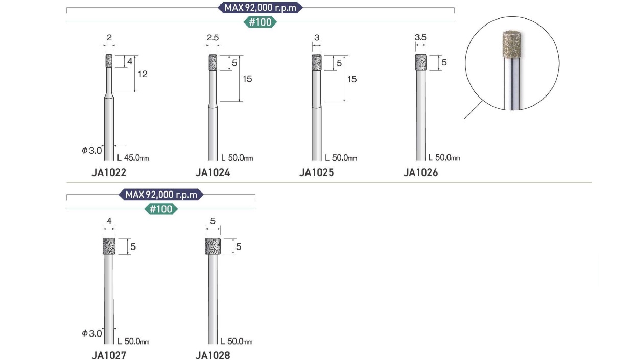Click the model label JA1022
click(x=109, y=173)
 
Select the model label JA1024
click(x=213, y=173)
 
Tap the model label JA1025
click(x=317, y=173)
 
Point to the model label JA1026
click(x=420, y=173)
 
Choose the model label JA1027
click(x=109, y=355)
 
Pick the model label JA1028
click(x=213, y=355)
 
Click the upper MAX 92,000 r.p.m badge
click(x=260, y=8)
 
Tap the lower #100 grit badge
click(x=161, y=209)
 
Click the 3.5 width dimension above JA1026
click(x=420, y=37)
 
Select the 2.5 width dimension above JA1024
click(x=213, y=37)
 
